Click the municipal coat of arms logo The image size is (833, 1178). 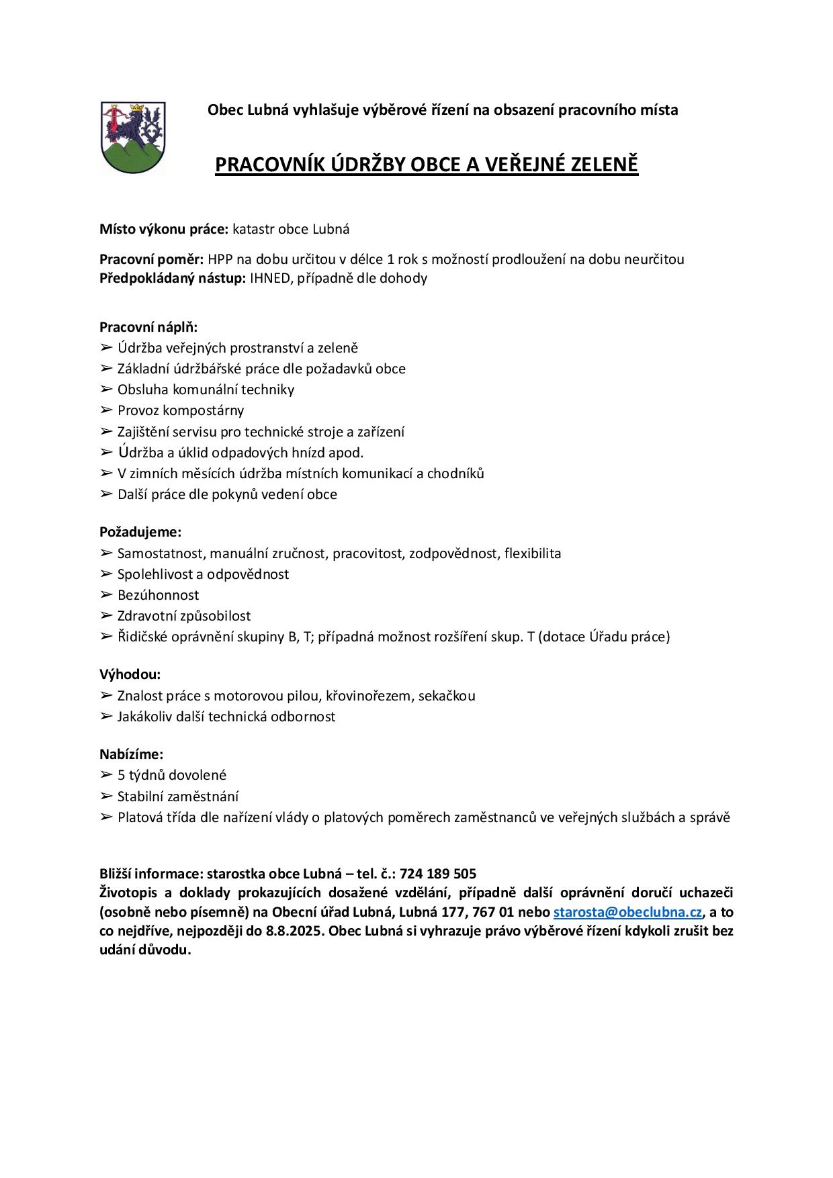coord(132,138)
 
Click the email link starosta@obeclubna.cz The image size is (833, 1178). coord(627,912)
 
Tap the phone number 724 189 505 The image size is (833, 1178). coord(437,874)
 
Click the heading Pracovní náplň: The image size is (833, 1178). coord(148,327)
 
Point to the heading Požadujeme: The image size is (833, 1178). coord(140,532)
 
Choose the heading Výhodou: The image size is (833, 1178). coord(130,674)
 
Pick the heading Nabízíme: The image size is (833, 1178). coord(132,754)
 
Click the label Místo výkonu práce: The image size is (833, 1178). coord(164,229)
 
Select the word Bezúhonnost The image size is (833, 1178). coord(158,595)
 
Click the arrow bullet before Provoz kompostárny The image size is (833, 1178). coord(106,410)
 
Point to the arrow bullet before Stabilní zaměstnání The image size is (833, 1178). coord(106,797)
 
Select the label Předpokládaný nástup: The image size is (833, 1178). coord(173,278)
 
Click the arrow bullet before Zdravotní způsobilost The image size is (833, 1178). coord(106,616)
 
